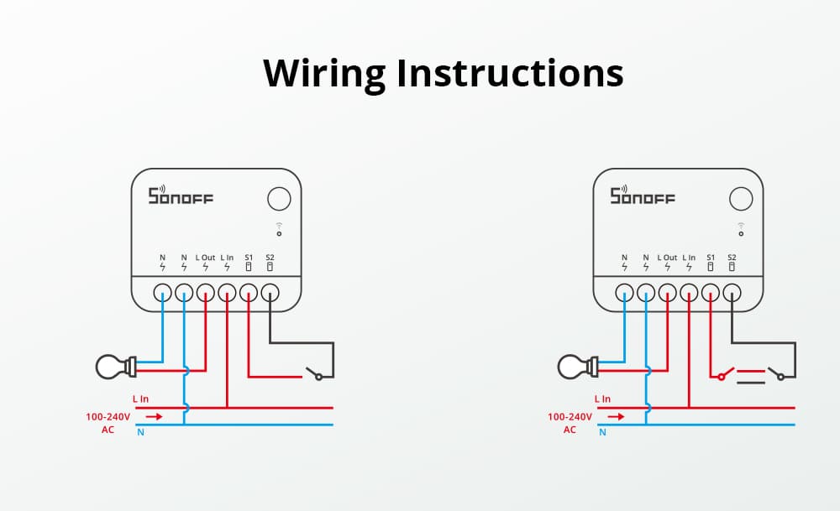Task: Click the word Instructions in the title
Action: click(x=510, y=74)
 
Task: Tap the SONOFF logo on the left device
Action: click(x=181, y=196)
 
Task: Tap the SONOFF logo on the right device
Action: click(x=643, y=196)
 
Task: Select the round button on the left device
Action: click(x=279, y=199)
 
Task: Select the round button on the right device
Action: click(x=741, y=199)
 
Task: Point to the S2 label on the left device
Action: click(x=270, y=257)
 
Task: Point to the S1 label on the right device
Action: click(x=711, y=257)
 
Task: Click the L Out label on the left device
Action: click(x=206, y=257)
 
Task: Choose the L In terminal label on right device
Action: click(x=689, y=257)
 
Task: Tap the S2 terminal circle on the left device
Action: click(x=270, y=293)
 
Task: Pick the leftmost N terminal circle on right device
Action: click(x=624, y=293)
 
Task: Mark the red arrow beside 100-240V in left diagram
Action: click(x=154, y=415)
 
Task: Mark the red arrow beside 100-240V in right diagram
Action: click(x=616, y=415)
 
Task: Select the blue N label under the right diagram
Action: click(x=602, y=433)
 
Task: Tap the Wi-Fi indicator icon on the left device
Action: click(x=279, y=229)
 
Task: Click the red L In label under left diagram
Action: click(x=140, y=399)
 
